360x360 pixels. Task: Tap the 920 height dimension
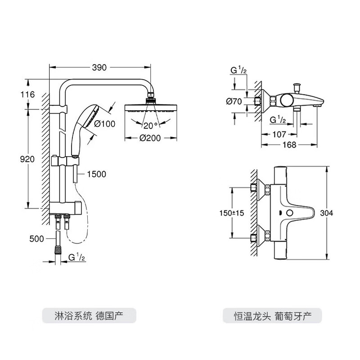point(27,158)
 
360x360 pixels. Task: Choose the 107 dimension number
point(279,134)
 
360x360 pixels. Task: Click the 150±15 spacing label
point(232,213)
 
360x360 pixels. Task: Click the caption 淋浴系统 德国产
point(88,314)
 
